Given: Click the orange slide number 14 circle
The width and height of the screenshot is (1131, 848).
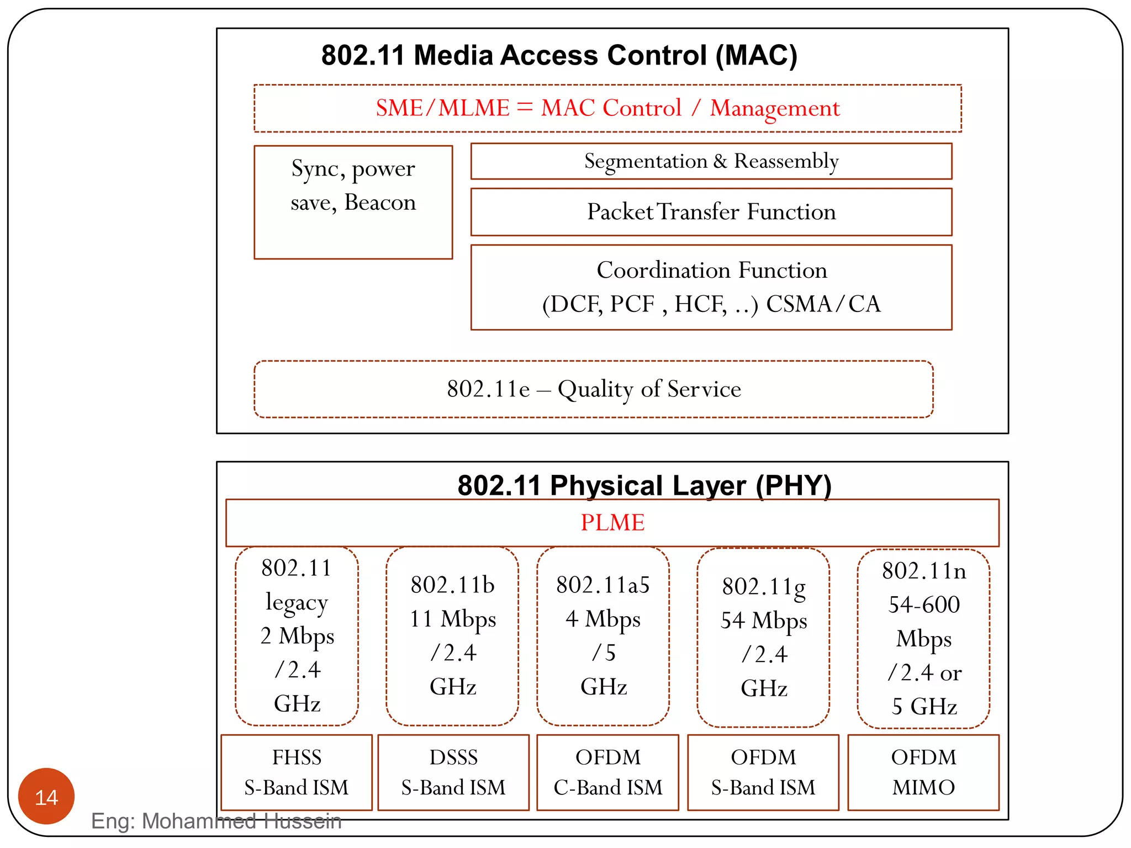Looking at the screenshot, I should [x=46, y=796].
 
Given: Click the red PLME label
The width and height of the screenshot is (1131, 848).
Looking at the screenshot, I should [x=612, y=522].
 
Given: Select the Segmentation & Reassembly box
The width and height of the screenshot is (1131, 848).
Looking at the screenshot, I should [x=711, y=161].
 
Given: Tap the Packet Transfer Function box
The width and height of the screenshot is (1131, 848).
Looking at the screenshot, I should [x=711, y=212].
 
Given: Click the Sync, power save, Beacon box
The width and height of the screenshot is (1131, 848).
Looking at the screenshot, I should [x=353, y=202].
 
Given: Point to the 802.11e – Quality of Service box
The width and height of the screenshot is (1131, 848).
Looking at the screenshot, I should [x=594, y=389].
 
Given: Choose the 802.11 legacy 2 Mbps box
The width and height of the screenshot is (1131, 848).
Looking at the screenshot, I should [x=297, y=636].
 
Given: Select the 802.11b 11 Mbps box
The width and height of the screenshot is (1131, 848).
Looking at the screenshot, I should [x=452, y=636].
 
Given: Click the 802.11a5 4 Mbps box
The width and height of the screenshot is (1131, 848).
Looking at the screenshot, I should [x=603, y=636].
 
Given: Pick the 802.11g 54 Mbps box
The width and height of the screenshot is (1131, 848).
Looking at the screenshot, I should [x=764, y=638].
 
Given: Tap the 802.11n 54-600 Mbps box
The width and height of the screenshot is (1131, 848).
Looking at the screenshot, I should [x=923, y=639].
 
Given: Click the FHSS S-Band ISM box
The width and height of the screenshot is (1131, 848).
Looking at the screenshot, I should [x=297, y=772].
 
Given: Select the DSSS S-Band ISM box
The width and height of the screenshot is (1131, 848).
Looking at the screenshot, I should [x=453, y=772].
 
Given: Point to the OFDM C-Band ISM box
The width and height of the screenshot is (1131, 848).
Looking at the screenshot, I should [x=607, y=772].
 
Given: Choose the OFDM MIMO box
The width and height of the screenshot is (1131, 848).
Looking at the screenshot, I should [x=923, y=772].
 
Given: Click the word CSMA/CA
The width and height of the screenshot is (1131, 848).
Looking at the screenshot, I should [x=823, y=304].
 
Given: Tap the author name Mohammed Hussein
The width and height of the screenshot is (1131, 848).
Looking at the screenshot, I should [x=242, y=821].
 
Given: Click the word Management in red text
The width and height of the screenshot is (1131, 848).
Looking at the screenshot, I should [x=774, y=108].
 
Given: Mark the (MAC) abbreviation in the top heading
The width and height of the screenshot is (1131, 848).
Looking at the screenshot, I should [x=756, y=56].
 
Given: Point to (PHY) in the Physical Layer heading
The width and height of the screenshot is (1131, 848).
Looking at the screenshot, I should [x=793, y=486].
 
